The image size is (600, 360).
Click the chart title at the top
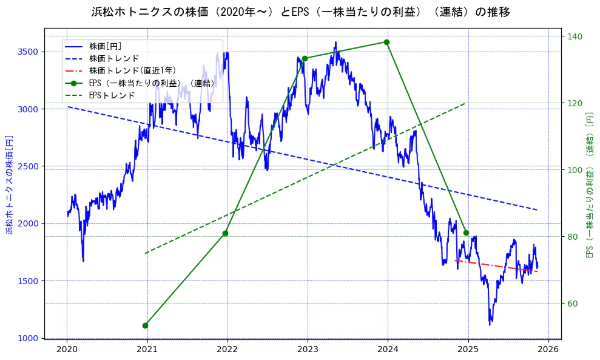(300, 12)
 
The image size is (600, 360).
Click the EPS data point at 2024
(386, 42)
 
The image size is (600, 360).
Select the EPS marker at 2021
(145, 325)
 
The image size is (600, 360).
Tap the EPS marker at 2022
(225, 233)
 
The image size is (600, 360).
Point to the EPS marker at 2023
(305, 58)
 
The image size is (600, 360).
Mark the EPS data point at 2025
(466, 233)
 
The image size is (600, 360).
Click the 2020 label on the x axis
(67, 349)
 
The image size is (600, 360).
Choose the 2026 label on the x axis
(548, 349)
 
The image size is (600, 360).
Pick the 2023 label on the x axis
(308, 349)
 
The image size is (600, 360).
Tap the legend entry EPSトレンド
(112, 95)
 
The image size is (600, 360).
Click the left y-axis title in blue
(10, 185)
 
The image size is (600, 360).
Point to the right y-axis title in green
(590, 185)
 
